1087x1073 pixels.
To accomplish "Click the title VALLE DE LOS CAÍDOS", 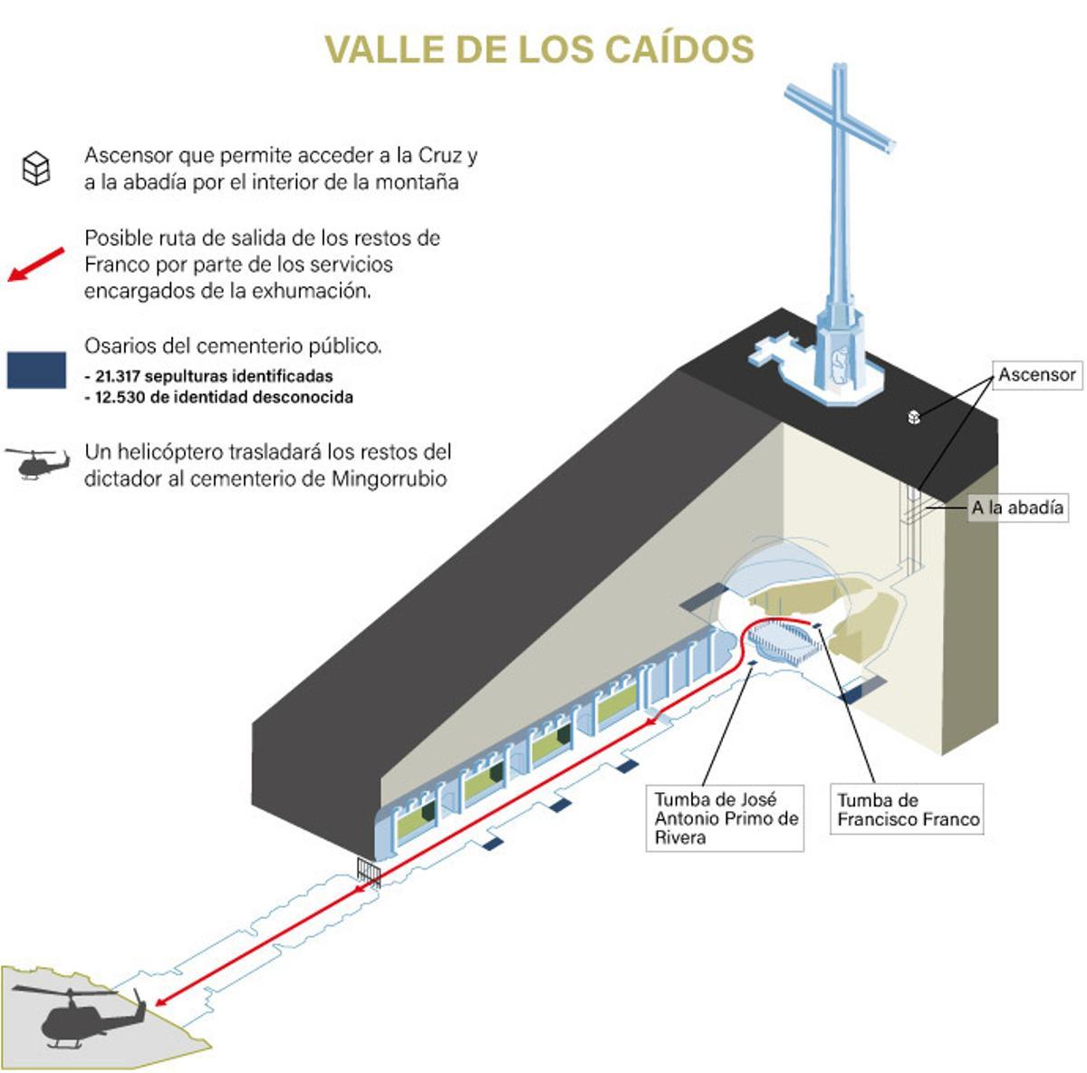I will coord(539,49).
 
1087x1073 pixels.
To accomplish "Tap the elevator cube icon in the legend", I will coord(36,169).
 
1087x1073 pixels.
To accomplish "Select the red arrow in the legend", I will coord(36,264).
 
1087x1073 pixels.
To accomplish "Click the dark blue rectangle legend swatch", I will coord(36,370).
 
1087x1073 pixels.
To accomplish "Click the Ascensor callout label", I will coord(1037,374).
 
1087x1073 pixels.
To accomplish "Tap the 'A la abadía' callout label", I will coord(1017,507).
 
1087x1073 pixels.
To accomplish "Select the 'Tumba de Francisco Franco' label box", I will coord(908,810).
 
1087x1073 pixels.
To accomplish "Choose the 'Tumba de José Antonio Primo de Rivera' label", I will coord(726,818).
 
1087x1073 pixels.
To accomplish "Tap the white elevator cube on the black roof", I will coord(914,417).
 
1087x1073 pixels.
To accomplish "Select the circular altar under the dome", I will coord(779,639).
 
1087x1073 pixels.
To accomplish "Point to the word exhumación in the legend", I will coord(313,291).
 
